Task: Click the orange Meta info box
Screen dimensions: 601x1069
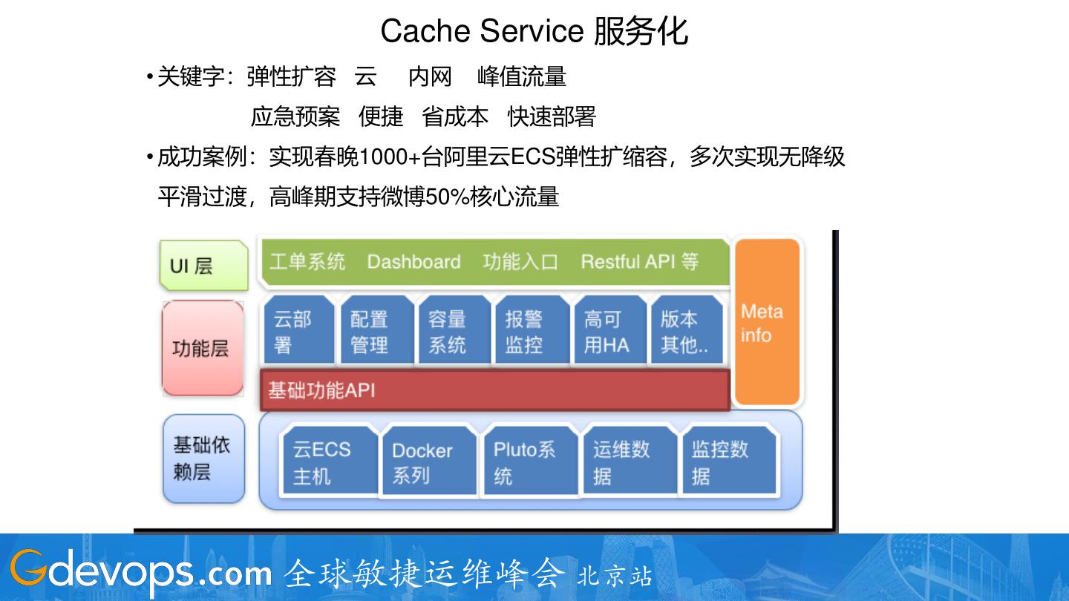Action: [x=767, y=323]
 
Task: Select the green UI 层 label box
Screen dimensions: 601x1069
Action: [x=203, y=265]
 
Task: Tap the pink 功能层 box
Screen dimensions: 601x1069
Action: [x=203, y=348]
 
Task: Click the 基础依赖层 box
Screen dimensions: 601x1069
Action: [x=203, y=459]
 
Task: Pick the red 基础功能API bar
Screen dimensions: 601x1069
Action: [x=495, y=390]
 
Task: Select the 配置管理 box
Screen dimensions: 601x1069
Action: [x=376, y=331]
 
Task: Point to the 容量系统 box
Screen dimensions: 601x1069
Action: [x=454, y=331]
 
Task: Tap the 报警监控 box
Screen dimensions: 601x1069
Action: [x=532, y=331]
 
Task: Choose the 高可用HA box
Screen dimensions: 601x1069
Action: [x=609, y=331]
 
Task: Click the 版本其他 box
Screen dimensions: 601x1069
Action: [x=686, y=331]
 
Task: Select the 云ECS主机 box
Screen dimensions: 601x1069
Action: [x=329, y=461]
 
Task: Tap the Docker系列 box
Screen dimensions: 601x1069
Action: [x=428, y=462]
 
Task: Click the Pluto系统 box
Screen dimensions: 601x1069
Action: [x=529, y=461]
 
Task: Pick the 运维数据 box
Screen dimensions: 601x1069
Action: [x=629, y=461]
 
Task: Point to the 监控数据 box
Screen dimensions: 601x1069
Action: [x=728, y=461]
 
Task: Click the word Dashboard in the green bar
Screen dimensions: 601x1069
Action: [x=413, y=262]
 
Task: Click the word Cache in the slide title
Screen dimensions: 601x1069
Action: [x=425, y=31]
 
